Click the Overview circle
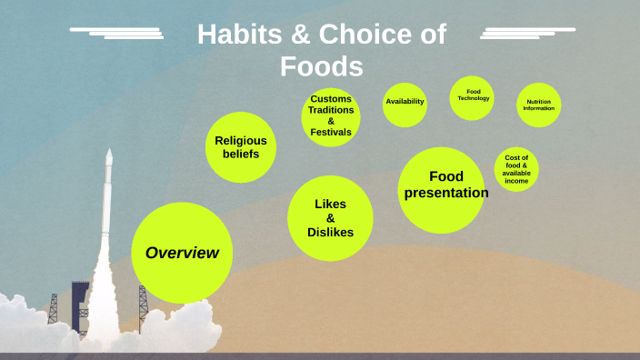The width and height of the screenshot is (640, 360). point(182,253)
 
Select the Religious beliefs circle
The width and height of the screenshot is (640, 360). point(240,146)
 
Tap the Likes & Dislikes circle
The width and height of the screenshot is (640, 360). point(330,218)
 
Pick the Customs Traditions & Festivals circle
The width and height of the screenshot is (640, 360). point(331,116)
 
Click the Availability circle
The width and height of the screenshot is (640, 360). point(405,101)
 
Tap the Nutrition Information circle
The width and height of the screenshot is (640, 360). point(538,105)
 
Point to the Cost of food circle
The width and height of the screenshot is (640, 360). point(516,169)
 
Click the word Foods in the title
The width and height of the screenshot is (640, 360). point(322,67)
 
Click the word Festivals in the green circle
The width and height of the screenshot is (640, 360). point(331,133)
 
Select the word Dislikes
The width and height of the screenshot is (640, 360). point(330,233)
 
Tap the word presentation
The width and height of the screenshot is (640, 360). point(446,193)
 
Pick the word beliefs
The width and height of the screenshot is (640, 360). point(240,154)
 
